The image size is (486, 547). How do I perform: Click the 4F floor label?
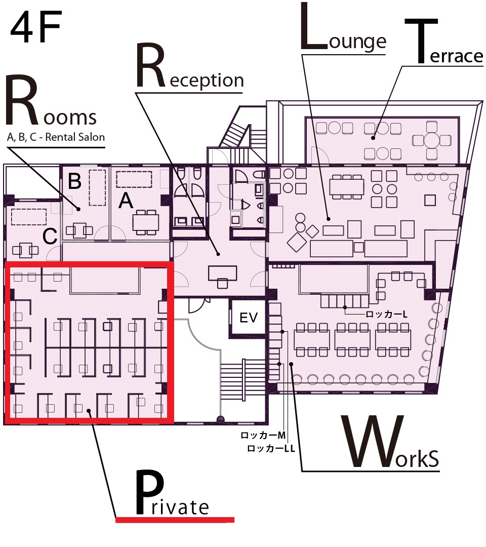coord(36,27)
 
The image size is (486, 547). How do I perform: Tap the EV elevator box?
coord(248,318)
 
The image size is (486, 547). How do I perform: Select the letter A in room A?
coord(126,201)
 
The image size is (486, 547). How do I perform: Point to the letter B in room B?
coord(74,181)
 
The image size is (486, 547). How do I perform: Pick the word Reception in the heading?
coord(190,66)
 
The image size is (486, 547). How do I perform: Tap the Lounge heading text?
coord(343,27)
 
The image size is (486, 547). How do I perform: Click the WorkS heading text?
coord(390,442)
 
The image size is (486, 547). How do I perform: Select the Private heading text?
coord(172,492)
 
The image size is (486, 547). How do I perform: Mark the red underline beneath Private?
coord(175,520)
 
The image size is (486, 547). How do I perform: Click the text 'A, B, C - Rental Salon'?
coord(56,137)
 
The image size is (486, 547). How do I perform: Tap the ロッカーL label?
coord(386,315)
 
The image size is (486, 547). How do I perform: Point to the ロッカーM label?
coord(263,435)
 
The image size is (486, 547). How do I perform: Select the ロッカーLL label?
coord(271,448)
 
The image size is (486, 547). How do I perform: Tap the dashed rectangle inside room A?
coord(134,179)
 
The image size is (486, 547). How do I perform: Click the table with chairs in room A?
coord(146,222)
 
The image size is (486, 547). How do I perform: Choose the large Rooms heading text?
coord(51,101)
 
